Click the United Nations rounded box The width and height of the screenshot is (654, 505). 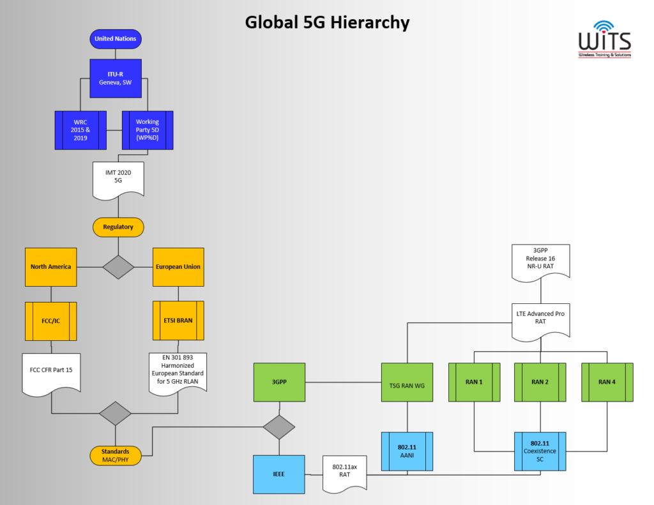[116, 39]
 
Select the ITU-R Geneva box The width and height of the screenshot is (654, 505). [116, 79]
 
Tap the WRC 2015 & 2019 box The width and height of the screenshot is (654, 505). [80, 130]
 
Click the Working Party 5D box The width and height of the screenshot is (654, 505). [148, 130]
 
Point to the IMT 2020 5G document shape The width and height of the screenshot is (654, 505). [118, 177]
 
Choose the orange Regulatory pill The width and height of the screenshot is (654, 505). [118, 227]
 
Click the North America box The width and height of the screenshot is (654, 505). [51, 267]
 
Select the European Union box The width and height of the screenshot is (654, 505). [178, 267]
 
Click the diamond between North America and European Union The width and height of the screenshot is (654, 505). [118, 267]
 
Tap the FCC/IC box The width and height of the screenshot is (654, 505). [51, 321]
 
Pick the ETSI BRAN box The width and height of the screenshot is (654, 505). [178, 321]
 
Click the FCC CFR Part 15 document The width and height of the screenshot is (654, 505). [51, 372]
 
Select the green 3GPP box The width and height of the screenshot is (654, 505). [278, 382]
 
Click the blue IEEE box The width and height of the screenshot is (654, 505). [278, 474]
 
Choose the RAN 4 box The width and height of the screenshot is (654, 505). [607, 382]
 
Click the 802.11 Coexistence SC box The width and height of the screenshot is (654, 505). [540, 451]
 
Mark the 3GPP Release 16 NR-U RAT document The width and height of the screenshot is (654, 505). [541, 259]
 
